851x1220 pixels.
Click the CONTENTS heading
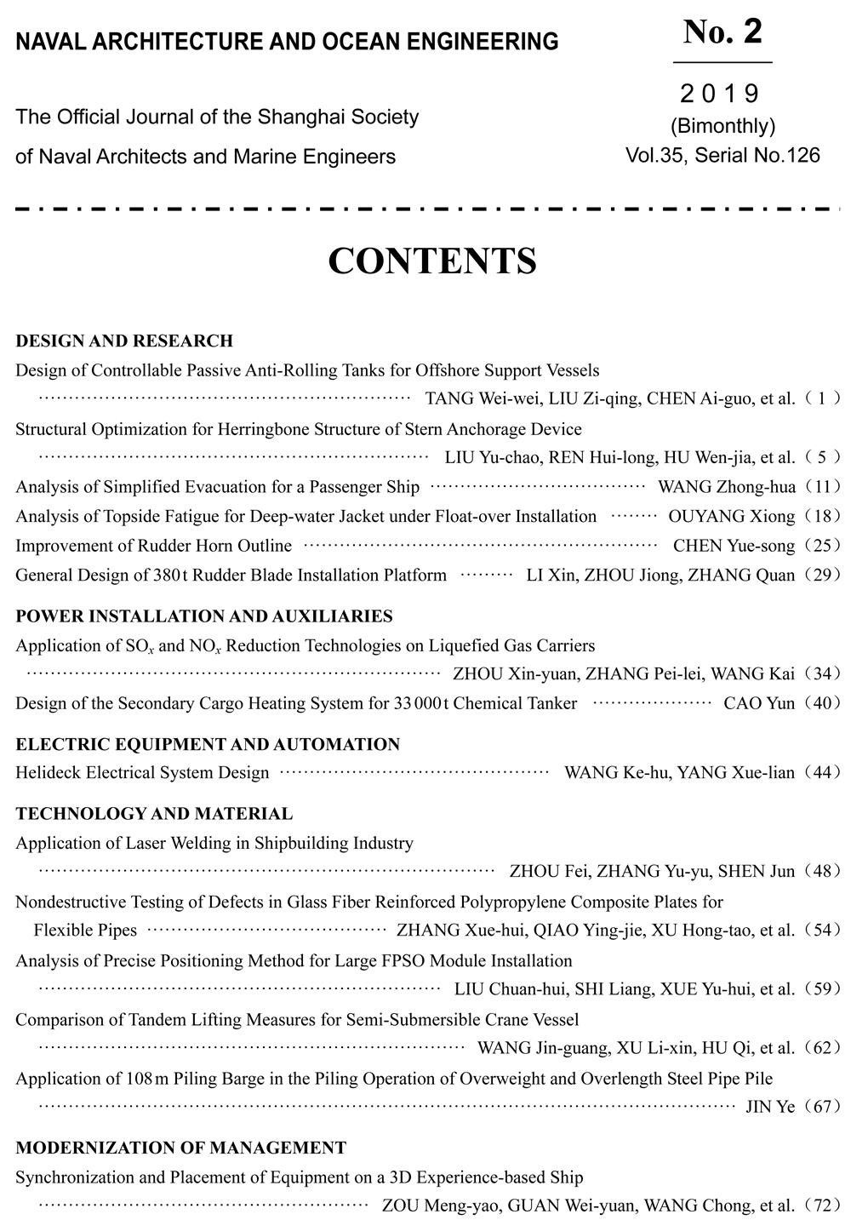[431, 261]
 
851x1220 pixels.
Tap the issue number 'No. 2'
[722, 32]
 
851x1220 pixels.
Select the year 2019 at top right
[721, 93]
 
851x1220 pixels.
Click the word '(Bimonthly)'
[722, 126]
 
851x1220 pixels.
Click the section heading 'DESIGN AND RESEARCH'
[124, 341]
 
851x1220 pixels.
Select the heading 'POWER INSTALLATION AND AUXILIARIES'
[203, 616]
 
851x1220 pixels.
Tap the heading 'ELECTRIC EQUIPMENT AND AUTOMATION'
[208, 745]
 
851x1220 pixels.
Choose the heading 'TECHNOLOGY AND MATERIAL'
[154, 814]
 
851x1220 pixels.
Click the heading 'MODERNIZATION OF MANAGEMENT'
[180, 1148]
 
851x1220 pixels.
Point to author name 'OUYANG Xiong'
[731, 516]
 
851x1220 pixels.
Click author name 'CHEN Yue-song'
[734, 546]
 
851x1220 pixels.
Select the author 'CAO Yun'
[759, 703]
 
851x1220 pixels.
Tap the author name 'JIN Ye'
[769, 1107]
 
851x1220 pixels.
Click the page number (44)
[821, 773]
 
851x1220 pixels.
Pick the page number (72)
[821, 1206]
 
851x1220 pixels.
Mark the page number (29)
[821, 576]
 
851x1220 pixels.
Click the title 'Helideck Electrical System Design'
[142, 773]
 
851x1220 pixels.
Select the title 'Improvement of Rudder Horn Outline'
[153, 546]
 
